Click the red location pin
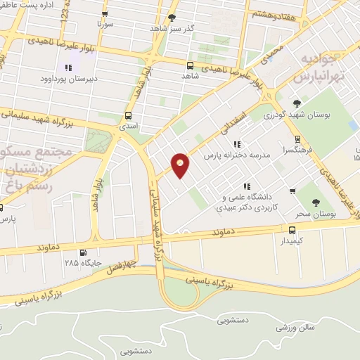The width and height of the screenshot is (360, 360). pos(181,165)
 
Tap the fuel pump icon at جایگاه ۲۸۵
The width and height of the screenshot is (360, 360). pos(84,253)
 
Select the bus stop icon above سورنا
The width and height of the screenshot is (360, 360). pos(105,14)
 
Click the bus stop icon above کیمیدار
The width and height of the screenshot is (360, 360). pos(292,229)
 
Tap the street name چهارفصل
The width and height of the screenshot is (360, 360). pos(116,269)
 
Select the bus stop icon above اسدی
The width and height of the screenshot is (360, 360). pos(128,115)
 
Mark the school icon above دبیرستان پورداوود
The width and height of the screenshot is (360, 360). pos(67,67)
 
